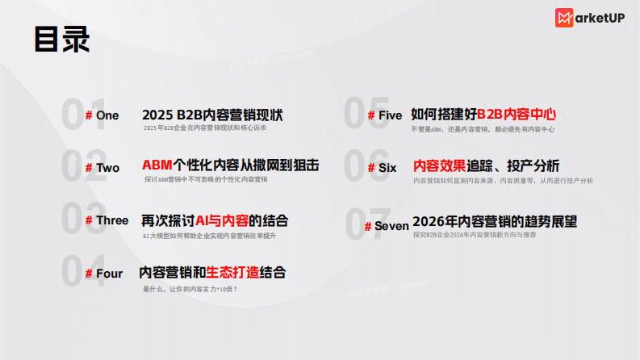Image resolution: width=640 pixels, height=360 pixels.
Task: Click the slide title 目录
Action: pos(61,39)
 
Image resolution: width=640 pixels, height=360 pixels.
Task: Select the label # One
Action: pos(102,115)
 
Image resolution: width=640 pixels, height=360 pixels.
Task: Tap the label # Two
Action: pos(102,168)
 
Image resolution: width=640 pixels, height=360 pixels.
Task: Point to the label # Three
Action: pos(107,220)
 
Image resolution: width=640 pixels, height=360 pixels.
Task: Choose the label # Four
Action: pos(104,274)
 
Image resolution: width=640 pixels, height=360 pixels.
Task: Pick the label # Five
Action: pos(384,115)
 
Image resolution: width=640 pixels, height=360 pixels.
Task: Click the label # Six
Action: pos(382,168)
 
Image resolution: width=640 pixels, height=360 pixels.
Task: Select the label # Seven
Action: pos(387,226)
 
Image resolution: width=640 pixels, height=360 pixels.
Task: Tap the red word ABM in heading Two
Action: pos(157,166)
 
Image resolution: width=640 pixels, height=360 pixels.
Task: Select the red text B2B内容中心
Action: pos(517,115)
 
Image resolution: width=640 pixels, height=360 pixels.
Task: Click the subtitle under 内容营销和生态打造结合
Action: pos(190,288)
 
